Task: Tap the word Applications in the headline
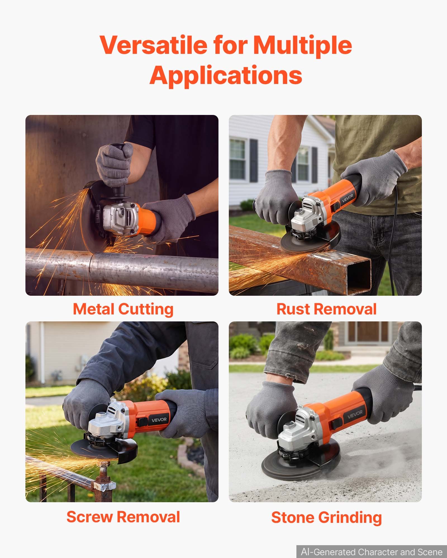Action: (x=226, y=75)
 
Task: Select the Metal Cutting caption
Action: (x=123, y=309)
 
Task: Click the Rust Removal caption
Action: (x=326, y=309)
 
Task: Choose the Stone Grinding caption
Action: (x=326, y=517)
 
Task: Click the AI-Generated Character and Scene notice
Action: (x=372, y=552)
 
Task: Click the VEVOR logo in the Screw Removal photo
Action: (x=159, y=420)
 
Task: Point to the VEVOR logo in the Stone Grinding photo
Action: (x=355, y=414)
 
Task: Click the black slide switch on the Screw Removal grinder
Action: (x=143, y=422)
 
